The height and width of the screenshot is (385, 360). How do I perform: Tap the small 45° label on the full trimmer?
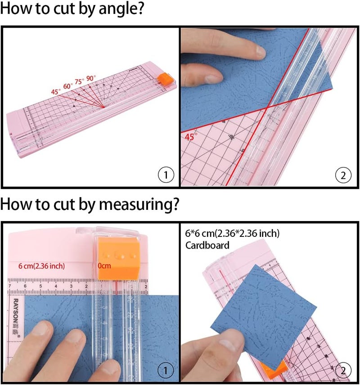point(56,91)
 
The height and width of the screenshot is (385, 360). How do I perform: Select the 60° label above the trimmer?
point(68,86)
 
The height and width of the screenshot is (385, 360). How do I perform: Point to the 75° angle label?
point(80,82)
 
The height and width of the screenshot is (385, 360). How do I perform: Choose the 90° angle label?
point(91,78)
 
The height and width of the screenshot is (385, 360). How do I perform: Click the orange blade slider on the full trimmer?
point(162,77)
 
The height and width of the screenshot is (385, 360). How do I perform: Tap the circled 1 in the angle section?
point(166,175)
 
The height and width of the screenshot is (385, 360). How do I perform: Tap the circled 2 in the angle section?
point(343,175)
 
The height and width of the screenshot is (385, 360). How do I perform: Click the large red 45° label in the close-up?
point(191,136)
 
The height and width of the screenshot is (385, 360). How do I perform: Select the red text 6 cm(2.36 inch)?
point(41,266)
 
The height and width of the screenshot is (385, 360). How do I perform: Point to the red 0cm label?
point(104,266)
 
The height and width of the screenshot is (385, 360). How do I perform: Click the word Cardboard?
point(207,245)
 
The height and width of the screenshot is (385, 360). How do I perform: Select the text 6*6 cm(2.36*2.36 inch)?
point(232,233)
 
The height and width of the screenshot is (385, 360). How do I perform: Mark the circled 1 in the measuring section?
point(166,371)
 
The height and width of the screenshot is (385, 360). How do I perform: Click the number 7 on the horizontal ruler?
point(10,286)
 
